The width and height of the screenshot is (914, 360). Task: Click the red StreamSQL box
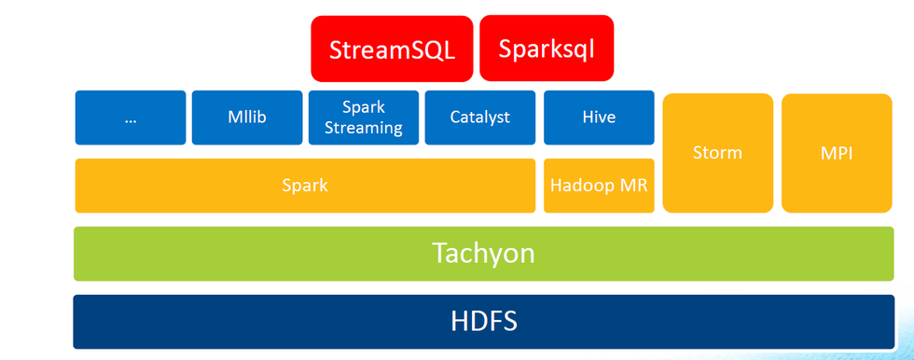pyautogui.click(x=393, y=48)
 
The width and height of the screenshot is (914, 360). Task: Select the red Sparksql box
pyautogui.click(x=547, y=48)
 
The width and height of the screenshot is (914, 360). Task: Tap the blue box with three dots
pyautogui.click(x=131, y=118)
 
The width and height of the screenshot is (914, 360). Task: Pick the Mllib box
pyautogui.click(x=247, y=118)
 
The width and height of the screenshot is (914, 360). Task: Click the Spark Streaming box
pyautogui.click(x=364, y=118)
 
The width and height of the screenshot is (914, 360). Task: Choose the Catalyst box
pyautogui.click(x=480, y=118)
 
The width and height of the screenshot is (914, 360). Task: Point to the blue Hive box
pyautogui.click(x=599, y=118)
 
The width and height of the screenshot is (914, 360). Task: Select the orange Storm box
pyautogui.click(x=718, y=153)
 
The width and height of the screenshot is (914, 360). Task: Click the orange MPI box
pyautogui.click(x=837, y=153)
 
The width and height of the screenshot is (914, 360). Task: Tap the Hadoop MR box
pyautogui.click(x=599, y=186)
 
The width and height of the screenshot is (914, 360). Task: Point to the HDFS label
pyautogui.click(x=483, y=321)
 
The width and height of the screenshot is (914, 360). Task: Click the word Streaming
pyautogui.click(x=364, y=128)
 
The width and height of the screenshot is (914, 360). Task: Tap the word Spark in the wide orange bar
pyautogui.click(x=305, y=186)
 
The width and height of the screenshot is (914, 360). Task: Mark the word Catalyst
pyautogui.click(x=480, y=118)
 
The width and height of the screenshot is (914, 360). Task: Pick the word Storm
pyautogui.click(x=718, y=152)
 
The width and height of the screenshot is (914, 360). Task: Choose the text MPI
pyautogui.click(x=837, y=152)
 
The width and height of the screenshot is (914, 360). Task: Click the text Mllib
pyautogui.click(x=247, y=118)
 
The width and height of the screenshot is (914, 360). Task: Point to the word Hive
pyautogui.click(x=599, y=118)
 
